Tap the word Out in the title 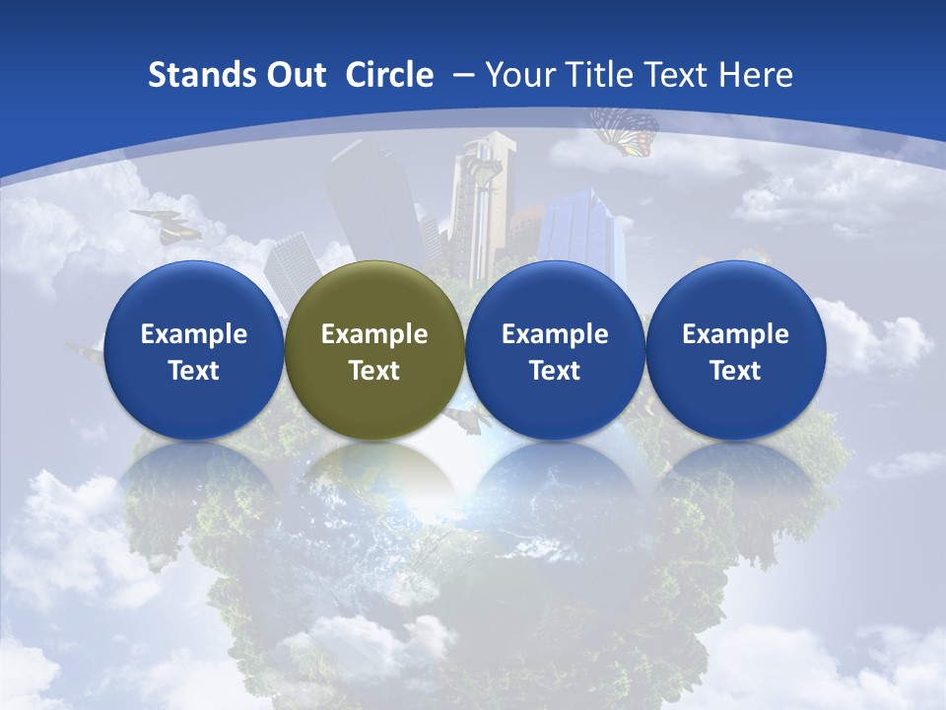[x=294, y=75]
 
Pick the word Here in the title [x=755, y=75]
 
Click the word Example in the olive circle [x=374, y=334]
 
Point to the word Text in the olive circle [x=374, y=371]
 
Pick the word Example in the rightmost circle [x=735, y=334]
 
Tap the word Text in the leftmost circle [x=193, y=371]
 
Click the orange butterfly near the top [x=625, y=131]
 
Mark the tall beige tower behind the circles [x=484, y=197]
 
